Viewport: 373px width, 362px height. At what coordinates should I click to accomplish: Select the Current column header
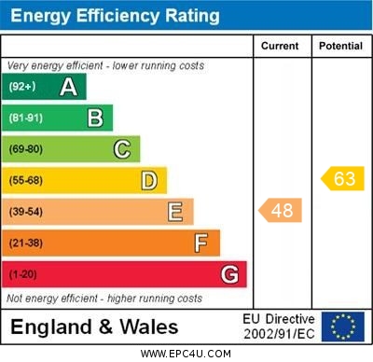point(280,46)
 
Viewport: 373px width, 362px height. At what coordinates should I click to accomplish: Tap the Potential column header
point(340,46)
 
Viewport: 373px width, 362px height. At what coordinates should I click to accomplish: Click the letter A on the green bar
point(68,87)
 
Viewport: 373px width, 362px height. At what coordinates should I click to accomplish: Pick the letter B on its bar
point(95,118)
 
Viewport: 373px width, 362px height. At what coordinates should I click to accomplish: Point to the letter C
point(122,149)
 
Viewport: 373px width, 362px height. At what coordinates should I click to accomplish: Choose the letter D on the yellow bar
point(149,180)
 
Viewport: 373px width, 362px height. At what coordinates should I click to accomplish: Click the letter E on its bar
point(175,212)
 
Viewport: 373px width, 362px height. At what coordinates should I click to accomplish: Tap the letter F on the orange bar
point(201,243)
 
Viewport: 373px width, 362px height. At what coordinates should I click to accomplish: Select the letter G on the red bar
point(229,274)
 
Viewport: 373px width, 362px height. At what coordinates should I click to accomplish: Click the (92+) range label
point(22,87)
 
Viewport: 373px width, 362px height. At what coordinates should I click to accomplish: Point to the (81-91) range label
point(26,118)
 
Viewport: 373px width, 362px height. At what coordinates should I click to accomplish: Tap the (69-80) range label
point(26,149)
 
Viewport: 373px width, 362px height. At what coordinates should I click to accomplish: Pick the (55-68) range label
point(26,180)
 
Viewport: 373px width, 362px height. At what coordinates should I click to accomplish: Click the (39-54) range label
point(26,212)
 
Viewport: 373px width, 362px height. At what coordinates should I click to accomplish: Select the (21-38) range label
point(26,243)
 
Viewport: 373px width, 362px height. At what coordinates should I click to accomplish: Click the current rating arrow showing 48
point(281,210)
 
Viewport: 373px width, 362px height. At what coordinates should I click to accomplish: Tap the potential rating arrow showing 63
point(342,178)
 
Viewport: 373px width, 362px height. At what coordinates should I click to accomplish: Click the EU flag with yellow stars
point(343,327)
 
